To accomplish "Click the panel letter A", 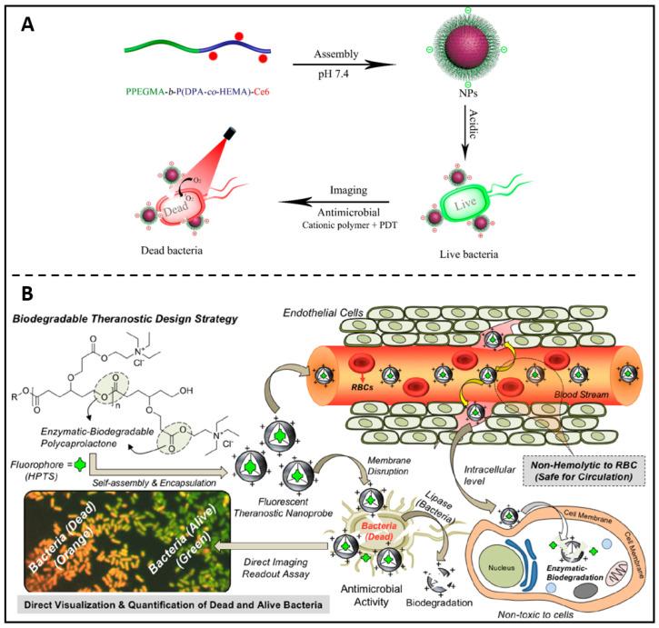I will click(27, 20).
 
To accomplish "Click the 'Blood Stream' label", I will click(583, 394).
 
